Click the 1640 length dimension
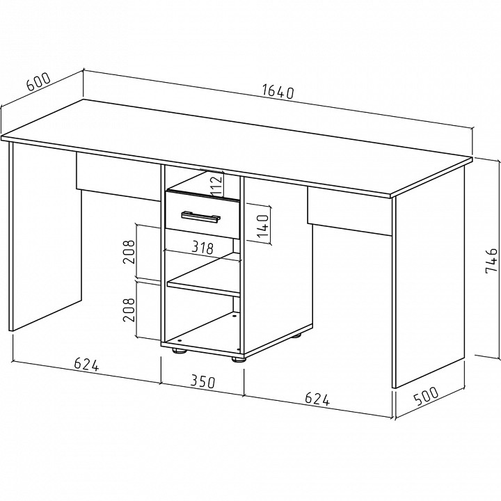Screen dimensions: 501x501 point(278,91)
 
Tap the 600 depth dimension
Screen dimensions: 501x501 point(38,82)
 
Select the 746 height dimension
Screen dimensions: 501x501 point(491,261)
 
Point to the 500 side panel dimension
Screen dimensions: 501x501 point(427,396)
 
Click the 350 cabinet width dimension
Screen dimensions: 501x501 point(203,381)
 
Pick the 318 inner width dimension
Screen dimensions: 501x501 point(202,248)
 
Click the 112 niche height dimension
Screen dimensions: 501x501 point(216,184)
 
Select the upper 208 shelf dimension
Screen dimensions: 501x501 point(129,252)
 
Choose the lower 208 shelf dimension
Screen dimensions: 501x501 point(129,310)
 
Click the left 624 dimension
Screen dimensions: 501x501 point(86,364)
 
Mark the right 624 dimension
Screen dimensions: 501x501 point(317,399)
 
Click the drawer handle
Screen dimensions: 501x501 point(201,216)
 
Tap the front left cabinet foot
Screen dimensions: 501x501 point(180,351)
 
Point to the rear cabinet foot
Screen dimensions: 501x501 point(296,335)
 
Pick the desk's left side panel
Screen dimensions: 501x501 point(45,237)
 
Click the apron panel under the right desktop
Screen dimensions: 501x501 point(349,212)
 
